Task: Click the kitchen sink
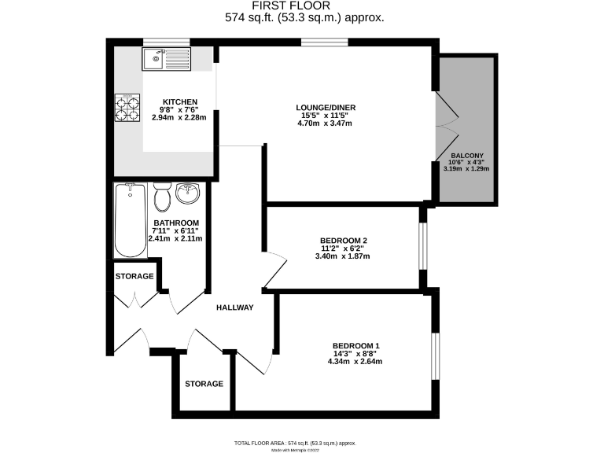166,58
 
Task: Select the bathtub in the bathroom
130,221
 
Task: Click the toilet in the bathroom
163,197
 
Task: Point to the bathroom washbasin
189,193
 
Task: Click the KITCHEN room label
179,101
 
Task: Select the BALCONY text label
467,156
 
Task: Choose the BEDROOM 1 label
355,346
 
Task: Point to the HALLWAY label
235,308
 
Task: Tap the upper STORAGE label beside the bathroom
134,277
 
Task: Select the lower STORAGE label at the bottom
204,384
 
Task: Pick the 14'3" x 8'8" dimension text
355,354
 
